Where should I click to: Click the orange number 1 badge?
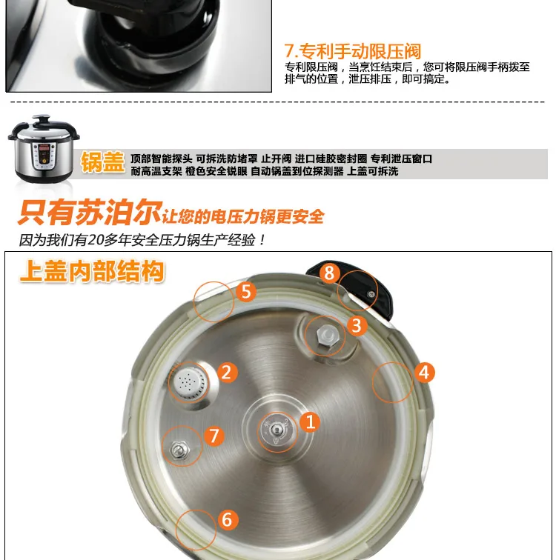[x=310, y=421]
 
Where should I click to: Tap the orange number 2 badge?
[x=228, y=373]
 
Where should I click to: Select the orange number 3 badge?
[x=357, y=325]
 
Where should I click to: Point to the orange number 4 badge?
[x=425, y=373]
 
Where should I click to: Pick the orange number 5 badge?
[x=246, y=291]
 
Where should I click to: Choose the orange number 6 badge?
[x=228, y=519]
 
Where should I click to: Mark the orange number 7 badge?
[x=214, y=436]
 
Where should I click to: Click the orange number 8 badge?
[x=329, y=273]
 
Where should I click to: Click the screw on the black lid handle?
[x=371, y=294]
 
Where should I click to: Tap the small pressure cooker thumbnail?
[x=43, y=149]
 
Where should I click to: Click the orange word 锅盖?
[x=102, y=162]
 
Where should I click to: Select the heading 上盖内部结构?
[x=92, y=271]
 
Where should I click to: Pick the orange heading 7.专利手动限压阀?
[x=353, y=51]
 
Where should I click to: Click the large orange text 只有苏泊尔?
[x=90, y=213]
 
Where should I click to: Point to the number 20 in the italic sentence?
[x=96, y=240]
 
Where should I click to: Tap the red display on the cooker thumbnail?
[x=44, y=148]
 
